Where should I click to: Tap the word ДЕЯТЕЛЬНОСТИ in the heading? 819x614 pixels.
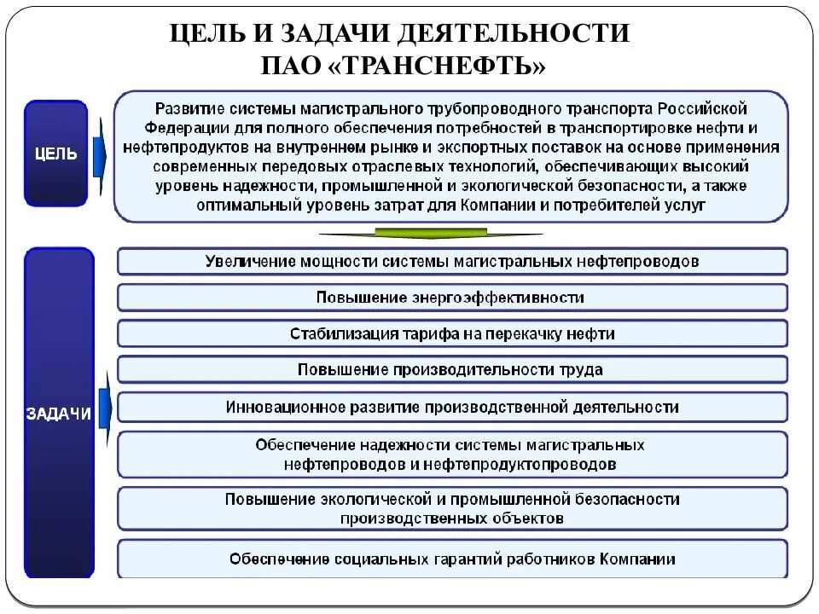[x=521, y=34]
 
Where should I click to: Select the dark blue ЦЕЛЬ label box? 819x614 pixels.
[x=55, y=153]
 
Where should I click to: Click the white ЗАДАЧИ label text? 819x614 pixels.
[x=58, y=414]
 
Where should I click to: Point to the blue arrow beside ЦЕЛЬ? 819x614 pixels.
[x=99, y=153]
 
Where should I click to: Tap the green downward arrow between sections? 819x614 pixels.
[x=430, y=234]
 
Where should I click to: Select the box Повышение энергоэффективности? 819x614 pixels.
[x=452, y=298]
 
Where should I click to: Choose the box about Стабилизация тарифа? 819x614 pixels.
[x=452, y=333]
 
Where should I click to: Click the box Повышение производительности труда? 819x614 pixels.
[x=452, y=370]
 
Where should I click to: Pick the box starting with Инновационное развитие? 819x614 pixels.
[x=452, y=407]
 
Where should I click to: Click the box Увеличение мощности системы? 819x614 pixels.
[x=452, y=261]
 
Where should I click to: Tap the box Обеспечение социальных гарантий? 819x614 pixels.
[x=452, y=559]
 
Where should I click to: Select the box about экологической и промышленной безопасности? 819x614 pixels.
[x=452, y=508]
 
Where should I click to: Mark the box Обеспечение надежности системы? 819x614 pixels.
[x=452, y=455]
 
